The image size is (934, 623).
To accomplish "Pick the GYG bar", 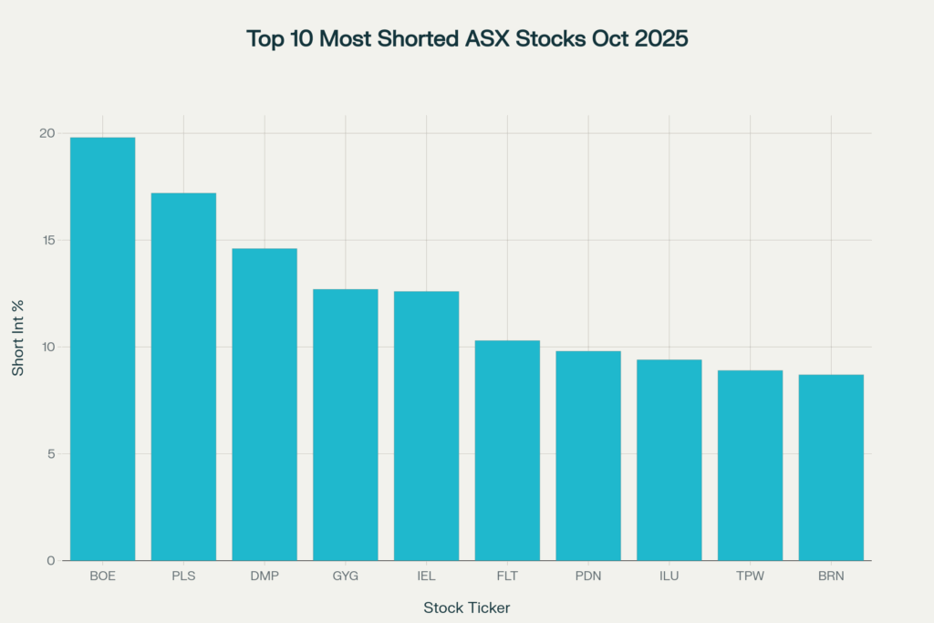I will [346, 424].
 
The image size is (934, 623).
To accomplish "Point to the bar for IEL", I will [426, 425].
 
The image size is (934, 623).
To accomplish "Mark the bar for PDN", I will [588, 455].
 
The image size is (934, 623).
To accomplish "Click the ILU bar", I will [669, 460].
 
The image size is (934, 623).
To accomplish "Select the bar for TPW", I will [750, 465].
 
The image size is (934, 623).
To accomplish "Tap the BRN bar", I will [831, 467].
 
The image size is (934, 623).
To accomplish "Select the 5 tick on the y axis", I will [50, 453].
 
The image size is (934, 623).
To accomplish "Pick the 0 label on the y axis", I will [50, 560].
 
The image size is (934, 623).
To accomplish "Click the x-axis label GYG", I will [346, 576].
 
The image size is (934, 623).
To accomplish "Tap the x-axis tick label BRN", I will [831, 576].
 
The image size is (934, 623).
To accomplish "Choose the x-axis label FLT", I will [507, 576].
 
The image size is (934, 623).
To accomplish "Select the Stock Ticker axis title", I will [467, 607].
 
